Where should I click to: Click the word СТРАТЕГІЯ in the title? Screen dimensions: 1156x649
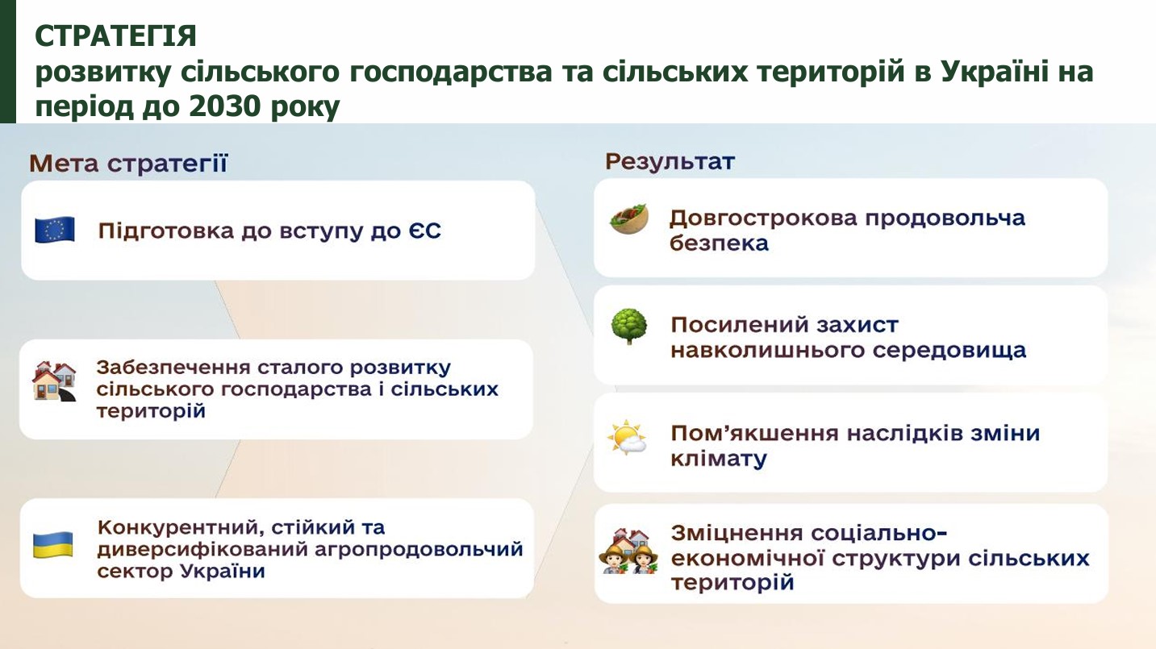[115, 36]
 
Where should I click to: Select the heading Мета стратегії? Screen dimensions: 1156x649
[128, 164]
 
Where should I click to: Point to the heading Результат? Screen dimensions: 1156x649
[670, 162]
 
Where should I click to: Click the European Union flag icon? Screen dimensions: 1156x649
[55, 230]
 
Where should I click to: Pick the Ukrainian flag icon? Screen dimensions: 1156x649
[52, 545]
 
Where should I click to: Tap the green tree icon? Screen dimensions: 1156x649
[628, 326]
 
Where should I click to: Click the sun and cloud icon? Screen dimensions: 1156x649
[627, 438]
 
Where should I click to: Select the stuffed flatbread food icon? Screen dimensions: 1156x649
[629, 218]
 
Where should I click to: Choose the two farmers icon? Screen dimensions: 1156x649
[628, 551]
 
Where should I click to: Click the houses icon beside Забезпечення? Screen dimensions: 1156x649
[54, 381]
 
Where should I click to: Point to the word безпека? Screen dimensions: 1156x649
[719, 243]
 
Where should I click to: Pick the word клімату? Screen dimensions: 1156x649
[719, 459]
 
